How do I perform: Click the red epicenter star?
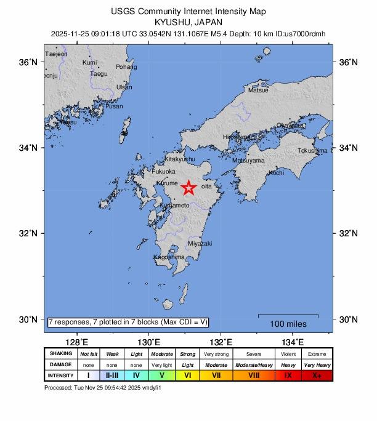tap(188, 188)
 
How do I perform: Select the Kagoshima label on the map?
tap(168, 257)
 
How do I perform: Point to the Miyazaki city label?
tap(200, 243)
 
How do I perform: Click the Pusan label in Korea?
tap(114, 106)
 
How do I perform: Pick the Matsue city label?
tap(257, 90)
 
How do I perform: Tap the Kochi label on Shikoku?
tap(277, 173)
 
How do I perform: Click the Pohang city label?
tap(126, 67)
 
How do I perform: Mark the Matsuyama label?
tap(248, 161)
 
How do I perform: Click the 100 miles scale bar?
tap(288, 316)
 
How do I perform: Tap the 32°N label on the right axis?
tap(349, 233)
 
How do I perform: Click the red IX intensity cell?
tap(287, 375)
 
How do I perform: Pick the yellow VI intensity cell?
tap(188, 375)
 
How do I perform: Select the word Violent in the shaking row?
tap(287, 354)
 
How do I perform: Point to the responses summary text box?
tap(128, 322)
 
